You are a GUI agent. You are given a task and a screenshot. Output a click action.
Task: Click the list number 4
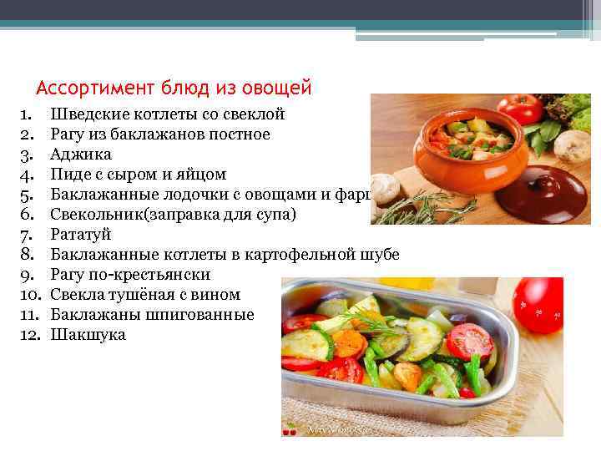click(25, 174)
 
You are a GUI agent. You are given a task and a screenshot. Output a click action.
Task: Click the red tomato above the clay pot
click(523, 109)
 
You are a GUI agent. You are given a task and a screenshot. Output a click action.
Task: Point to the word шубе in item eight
click(380, 255)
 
